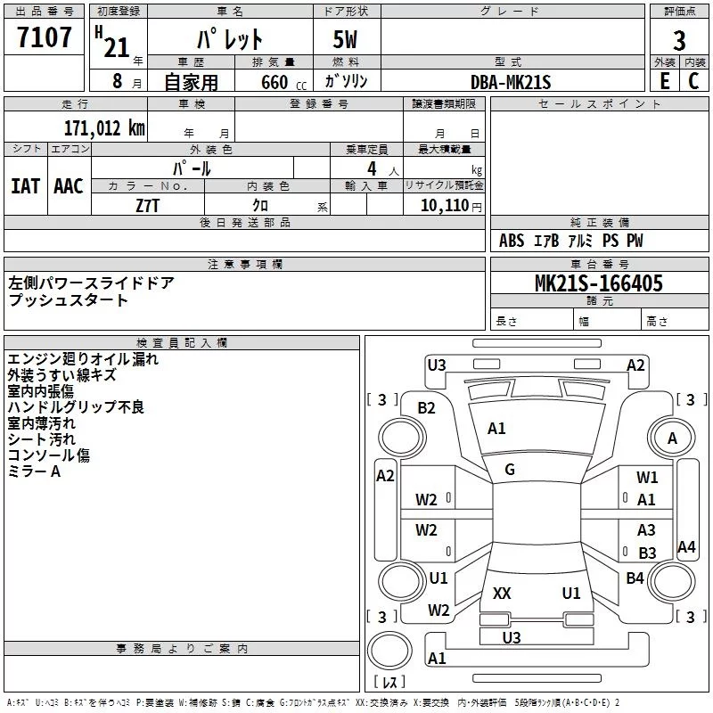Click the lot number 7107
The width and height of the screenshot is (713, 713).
point(44,37)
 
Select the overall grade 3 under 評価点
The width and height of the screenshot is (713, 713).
point(679,41)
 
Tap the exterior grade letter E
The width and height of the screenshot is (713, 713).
point(665,81)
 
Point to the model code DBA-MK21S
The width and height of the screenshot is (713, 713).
point(511,82)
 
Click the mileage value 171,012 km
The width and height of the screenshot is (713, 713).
point(104,128)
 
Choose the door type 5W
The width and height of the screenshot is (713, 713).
point(345,39)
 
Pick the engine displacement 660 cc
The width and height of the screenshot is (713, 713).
point(283,83)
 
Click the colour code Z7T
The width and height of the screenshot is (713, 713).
point(148,206)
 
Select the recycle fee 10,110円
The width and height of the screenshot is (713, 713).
point(451,206)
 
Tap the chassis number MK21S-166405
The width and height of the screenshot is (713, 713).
point(599,283)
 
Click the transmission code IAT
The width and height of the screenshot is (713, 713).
point(26,186)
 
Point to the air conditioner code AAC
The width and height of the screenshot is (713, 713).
point(69,186)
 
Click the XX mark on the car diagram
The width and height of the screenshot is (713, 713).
point(502,594)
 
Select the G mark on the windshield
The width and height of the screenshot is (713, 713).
point(510,470)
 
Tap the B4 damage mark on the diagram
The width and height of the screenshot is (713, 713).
point(635,578)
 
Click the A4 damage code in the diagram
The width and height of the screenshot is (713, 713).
point(686,546)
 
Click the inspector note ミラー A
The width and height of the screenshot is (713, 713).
point(34,471)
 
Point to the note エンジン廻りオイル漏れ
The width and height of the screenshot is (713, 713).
point(83,359)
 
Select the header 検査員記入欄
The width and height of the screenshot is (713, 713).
point(182,343)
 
